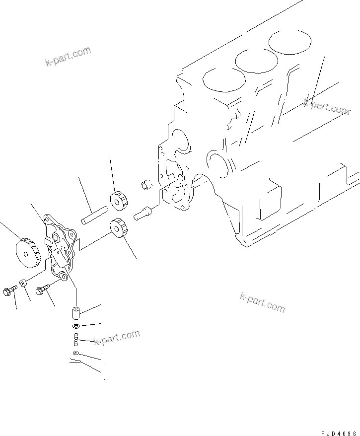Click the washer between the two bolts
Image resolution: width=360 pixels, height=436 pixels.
coord(23,284)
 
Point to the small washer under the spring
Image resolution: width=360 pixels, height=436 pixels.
coord(75,353)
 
